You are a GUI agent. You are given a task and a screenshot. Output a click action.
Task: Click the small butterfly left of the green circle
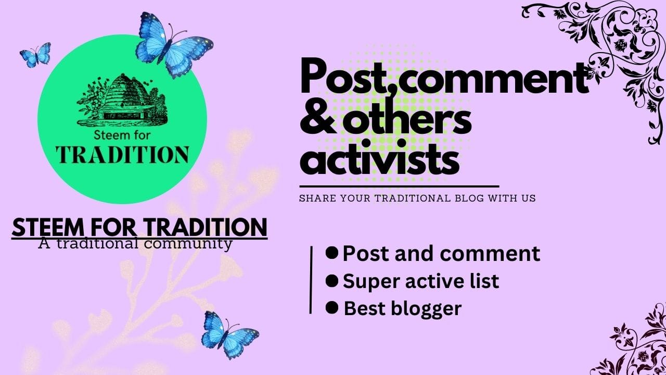[x=36, y=55]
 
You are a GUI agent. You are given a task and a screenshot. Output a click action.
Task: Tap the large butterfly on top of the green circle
[x=174, y=45]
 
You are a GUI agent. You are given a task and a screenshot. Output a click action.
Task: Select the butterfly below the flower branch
[x=229, y=335]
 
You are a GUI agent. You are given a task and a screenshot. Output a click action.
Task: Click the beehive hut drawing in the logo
[x=122, y=99]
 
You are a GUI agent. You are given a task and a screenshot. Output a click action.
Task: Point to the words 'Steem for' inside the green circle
[x=122, y=135]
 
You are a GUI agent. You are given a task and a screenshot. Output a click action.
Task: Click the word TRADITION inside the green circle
[x=122, y=155]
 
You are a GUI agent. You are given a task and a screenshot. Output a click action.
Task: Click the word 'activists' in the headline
[x=380, y=158]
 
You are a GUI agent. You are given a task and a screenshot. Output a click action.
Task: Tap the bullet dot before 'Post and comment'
[x=332, y=253]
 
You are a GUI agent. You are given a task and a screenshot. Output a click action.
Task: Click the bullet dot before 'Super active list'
[x=332, y=281]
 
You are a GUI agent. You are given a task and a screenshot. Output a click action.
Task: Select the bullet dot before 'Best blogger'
[x=332, y=308]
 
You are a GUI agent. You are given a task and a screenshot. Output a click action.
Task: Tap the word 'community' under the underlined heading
[x=188, y=244]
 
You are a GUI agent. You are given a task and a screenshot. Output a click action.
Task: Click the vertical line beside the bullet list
[x=311, y=280]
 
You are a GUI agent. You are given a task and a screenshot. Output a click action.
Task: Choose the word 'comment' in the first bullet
[x=490, y=254]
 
